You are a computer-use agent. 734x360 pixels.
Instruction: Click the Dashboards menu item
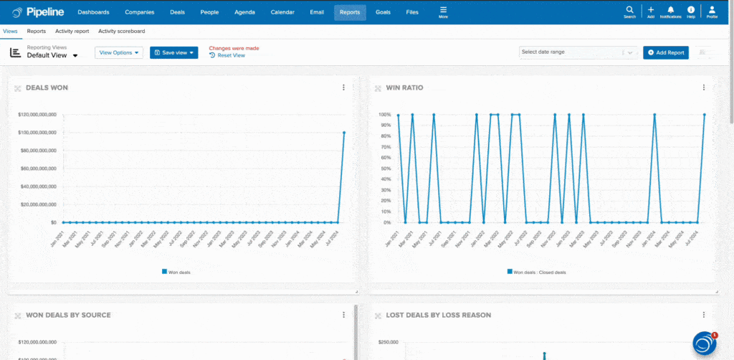pyautogui.click(x=93, y=12)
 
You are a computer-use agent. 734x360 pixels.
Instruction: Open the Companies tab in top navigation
pyautogui.click(x=139, y=12)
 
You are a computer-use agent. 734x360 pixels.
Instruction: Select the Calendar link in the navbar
pyautogui.click(x=282, y=12)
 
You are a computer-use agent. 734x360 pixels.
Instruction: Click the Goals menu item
pyautogui.click(x=383, y=12)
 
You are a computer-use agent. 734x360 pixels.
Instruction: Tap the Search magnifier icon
pyautogui.click(x=629, y=11)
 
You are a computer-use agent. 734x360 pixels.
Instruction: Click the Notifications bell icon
pyautogui.click(x=671, y=11)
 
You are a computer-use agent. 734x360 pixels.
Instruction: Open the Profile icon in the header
pyautogui.click(x=712, y=11)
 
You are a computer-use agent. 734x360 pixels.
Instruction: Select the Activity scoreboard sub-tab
pyautogui.click(x=121, y=32)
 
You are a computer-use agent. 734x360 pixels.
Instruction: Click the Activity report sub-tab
pyautogui.click(x=72, y=32)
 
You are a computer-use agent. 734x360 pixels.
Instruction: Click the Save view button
pyautogui.click(x=173, y=52)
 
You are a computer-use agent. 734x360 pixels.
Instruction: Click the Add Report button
pyautogui.click(x=666, y=52)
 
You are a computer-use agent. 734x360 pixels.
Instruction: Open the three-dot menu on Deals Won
pyautogui.click(x=343, y=87)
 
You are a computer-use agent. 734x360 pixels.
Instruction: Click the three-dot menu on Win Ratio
pyautogui.click(x=704, y=87)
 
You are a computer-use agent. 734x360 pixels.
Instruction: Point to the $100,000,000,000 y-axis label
pyautogui.click(x=37, y=133)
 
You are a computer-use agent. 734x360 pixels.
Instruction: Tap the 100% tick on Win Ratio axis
pyautogui.click(x=384, y=115)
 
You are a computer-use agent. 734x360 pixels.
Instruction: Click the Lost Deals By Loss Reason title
pyautogui.click(x=439, y=315)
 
